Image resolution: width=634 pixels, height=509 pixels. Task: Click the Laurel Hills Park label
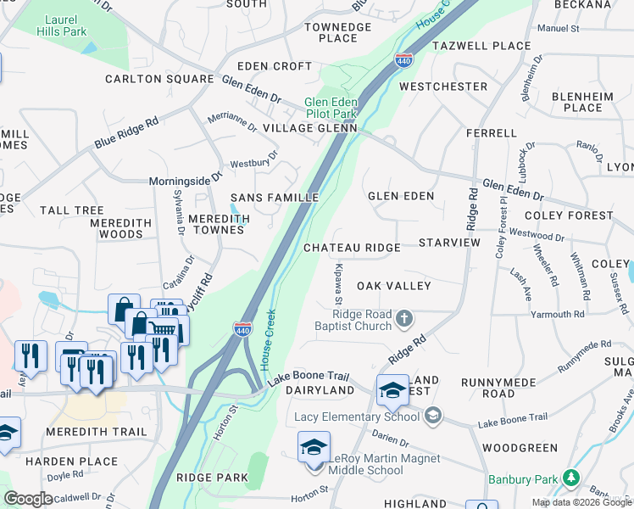click(61, 25)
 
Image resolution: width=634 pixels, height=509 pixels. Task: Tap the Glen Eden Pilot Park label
click(331, 108)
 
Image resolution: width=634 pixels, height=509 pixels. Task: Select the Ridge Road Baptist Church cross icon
click(404, 319)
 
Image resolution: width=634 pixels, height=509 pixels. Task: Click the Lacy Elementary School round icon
click(433, 415)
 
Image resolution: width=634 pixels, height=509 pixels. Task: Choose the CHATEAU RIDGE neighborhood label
click(352, 248)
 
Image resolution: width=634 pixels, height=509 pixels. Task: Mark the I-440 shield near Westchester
click(403, 59)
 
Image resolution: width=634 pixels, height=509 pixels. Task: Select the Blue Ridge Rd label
click(126, 133)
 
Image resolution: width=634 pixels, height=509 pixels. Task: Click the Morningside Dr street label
click(185, 179)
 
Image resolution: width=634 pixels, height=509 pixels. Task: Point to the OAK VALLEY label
click(394, 286)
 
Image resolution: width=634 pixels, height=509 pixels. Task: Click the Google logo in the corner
click(28, 499)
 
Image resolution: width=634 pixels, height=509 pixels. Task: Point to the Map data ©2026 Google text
click(581, 502)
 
